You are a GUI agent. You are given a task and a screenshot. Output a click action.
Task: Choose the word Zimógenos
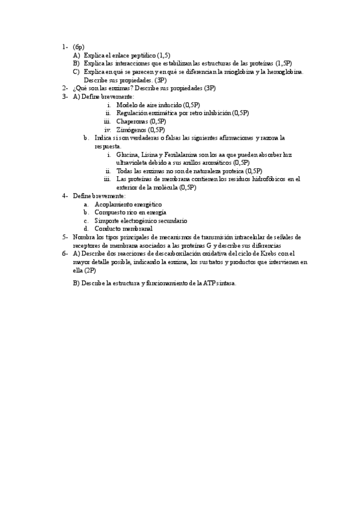click(132, 129)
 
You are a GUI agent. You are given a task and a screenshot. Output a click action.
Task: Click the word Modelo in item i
click(127, 105)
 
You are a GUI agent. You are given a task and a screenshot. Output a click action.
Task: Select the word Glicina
click(127, 155)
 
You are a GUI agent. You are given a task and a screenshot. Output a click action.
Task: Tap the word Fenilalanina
click(177, 155)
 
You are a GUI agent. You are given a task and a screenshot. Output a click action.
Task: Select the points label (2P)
click(90, 271)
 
